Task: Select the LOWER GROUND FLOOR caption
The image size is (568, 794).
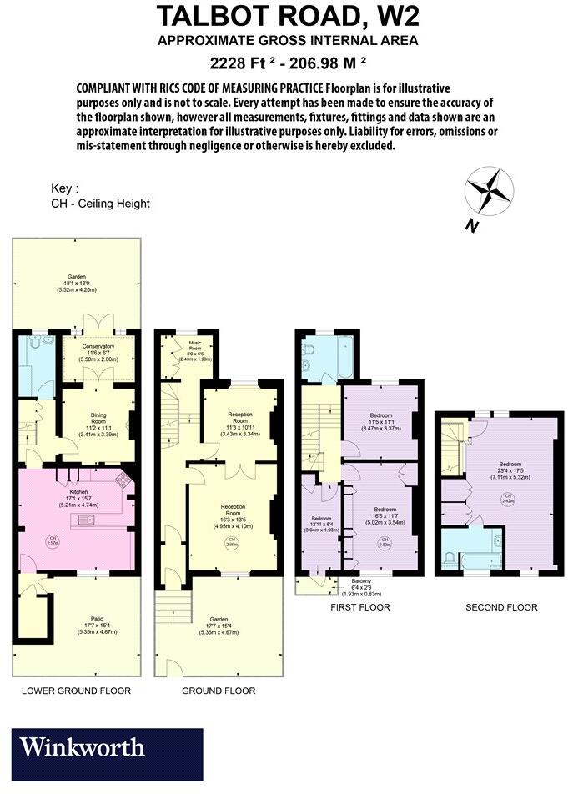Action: coord(76,691)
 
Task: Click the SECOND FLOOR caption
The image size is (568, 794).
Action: coord(501,607)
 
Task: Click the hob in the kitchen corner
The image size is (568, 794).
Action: coord(123,479)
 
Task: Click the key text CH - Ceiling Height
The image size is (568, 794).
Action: coord(100,204)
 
